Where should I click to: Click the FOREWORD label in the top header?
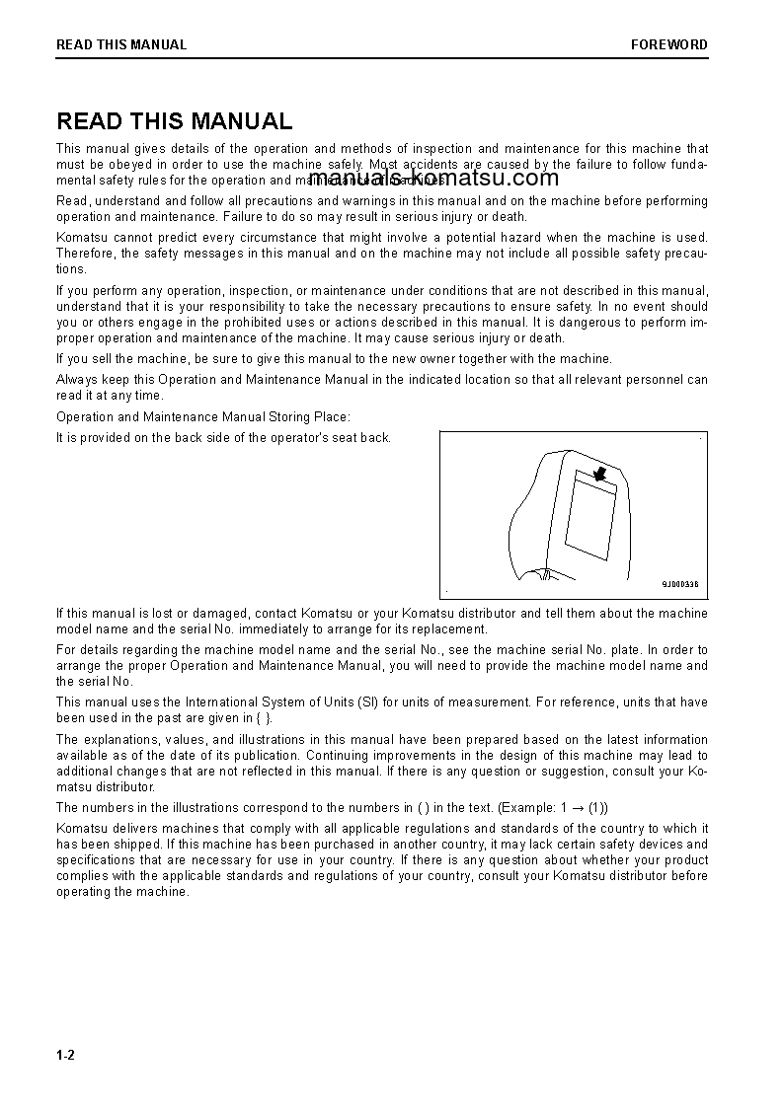click(x=668, y=44)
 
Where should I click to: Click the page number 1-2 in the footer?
click(x=66, y=1056)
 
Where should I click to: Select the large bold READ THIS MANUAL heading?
click(x=175, y=121)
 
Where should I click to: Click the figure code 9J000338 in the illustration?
click(x=679, y=584)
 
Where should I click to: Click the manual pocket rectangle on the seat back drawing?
click(x=589, y=516)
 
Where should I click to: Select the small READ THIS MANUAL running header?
click(x=121, y=44)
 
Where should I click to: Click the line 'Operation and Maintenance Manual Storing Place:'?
click(x=203, y=417)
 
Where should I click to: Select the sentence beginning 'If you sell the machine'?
click(x=334, y=359)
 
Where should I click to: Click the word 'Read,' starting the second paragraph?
click(x=73, y=201)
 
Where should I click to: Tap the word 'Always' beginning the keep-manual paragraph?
click(x=76, y=380)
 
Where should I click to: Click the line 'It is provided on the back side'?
click(x=223, y=438)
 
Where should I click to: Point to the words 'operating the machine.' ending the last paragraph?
click(x=121, y=892)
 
